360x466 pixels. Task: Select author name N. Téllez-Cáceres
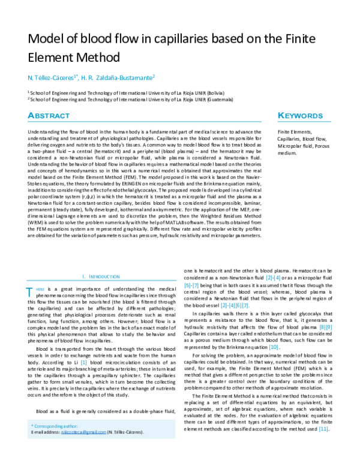click(x=52, y=77)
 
